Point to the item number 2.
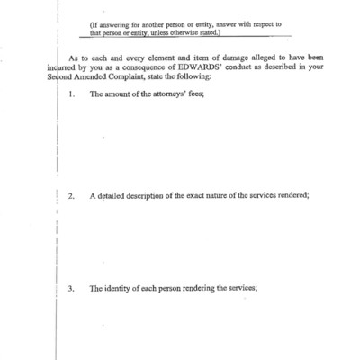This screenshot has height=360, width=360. click(x=72, y=196)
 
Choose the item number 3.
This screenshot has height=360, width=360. click(x=72, y=288)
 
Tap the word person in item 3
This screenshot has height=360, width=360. click(x=182, y=288)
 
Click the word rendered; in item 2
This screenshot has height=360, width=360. click(x=292, y=196)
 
